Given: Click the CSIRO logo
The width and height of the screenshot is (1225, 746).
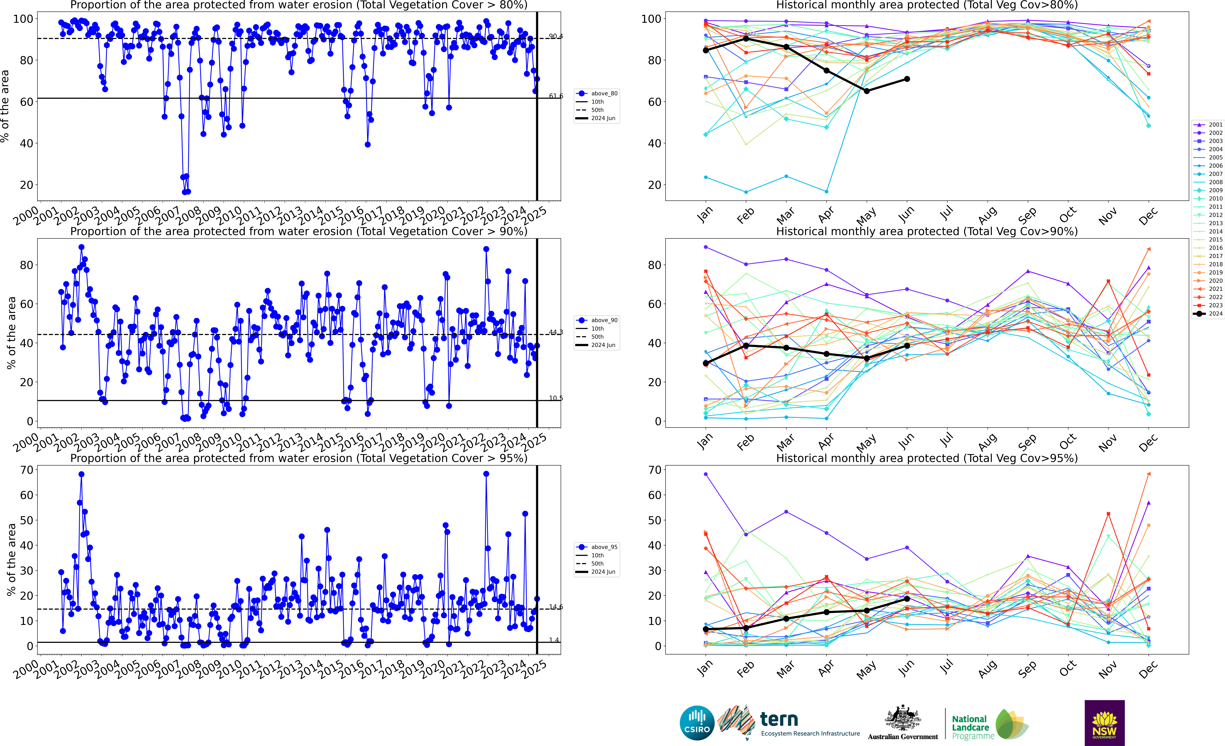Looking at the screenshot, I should point(697,723).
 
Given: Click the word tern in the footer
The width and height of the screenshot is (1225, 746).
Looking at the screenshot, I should point(779,719).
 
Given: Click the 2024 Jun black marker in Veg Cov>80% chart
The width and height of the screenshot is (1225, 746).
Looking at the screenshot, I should point(907,79).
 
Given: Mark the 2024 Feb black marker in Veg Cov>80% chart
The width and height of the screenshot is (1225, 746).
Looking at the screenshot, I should point(746,38).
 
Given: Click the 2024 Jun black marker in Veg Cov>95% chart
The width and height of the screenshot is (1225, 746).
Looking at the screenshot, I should point(907,599).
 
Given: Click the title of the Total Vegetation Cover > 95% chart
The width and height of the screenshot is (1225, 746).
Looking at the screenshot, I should point(299,458).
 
